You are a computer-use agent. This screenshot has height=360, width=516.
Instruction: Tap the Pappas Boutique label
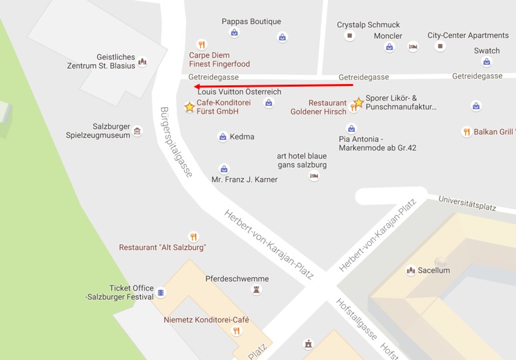click(x=251, y=21)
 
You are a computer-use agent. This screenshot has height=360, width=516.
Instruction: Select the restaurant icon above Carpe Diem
click(x=202, y=45)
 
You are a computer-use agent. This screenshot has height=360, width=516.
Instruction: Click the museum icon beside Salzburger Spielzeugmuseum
click(x=137, y=131)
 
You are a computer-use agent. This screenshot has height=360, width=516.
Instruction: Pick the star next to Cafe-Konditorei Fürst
click(x=189, y=107)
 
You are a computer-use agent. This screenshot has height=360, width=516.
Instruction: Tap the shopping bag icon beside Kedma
click(x=223, y=137)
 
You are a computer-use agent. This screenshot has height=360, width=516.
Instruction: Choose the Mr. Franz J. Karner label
click(x=244, y=179)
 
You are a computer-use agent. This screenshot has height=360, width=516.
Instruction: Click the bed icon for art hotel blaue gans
click(x=314, y=176)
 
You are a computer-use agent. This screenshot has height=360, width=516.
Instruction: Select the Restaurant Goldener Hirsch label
click(x=318, y=107)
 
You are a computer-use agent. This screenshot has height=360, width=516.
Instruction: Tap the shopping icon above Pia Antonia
click(x=351, y=129)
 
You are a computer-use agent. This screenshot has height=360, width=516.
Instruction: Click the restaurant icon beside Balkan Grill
click(x=467, y=132)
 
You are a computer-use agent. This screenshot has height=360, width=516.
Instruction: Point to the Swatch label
click(x=487, y=51)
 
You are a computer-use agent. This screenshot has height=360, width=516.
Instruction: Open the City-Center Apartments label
click(x=468, y=35)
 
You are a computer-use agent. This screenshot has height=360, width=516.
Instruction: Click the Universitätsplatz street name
click(x=467, y=203)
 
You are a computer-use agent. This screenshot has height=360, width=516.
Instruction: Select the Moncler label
click(x=388, y=36)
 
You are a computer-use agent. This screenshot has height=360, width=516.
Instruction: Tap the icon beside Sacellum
click(x=411, y=270)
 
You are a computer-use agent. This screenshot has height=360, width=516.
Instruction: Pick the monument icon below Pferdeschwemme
click(x=256, y=290)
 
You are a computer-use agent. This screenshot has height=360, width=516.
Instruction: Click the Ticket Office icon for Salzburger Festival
click(x=161, y=292)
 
